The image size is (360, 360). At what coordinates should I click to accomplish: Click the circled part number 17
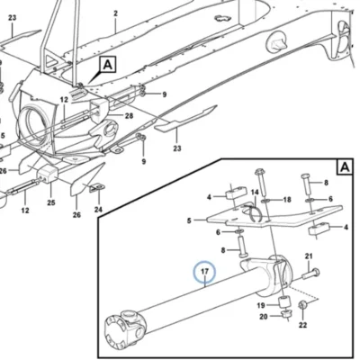pos(204,272)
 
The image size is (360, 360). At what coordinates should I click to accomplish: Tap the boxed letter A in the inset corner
pos(346,167)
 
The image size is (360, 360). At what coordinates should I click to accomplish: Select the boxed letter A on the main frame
pos(108,65)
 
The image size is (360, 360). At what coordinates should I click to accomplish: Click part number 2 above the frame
pos(116,13)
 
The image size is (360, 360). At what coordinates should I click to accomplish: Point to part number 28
pos(129,115)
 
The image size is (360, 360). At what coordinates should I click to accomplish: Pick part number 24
pos(98,210)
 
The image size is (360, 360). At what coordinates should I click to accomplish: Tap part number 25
pos(51,202)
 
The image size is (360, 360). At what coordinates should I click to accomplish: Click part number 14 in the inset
pos(255,192)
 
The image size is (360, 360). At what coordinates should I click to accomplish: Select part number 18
pos(287,200)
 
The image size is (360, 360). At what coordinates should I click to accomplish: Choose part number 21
pos(309,256)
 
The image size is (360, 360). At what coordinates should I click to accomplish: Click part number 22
pos(302,325)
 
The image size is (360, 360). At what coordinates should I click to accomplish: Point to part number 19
pos(261,305)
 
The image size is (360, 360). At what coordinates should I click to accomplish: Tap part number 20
pos(264,317)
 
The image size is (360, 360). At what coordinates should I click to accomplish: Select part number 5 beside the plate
pos(189,220)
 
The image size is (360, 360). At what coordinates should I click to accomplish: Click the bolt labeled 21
pos(310,274)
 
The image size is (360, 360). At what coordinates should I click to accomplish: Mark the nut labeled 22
pos(302,305)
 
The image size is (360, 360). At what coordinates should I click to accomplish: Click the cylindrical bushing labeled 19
pos(283,301)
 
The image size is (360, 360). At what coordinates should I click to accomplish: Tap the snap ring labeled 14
pos(252,212)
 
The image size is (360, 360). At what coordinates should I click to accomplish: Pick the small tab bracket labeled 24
pos(97,188)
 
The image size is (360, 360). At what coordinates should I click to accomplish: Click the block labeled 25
pos(47,175)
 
